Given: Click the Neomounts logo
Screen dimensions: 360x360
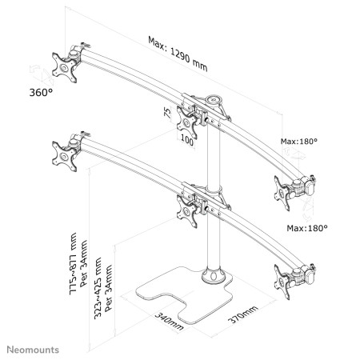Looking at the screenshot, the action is (x=33, y=350).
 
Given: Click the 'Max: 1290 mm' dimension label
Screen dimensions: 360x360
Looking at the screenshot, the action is (x=178, y=54).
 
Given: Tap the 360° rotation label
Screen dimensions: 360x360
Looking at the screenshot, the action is (x=41, y=93).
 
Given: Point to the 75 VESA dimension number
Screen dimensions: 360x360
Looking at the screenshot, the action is (x=167, y=113).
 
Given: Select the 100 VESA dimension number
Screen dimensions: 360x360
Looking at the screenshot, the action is (x=187, y=140).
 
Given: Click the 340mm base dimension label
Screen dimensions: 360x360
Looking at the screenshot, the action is (x=169, y=322).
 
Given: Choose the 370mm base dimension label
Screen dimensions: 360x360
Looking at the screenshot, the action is (x=243, y=314).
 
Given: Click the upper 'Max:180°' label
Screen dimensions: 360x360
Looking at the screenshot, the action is (x=299, y=142).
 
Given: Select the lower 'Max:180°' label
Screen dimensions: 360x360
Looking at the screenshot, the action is (x=307, y=228).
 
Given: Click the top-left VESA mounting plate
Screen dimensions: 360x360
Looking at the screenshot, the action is (x=65, y=67).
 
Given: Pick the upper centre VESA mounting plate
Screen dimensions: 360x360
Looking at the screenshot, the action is (x=187, y=122).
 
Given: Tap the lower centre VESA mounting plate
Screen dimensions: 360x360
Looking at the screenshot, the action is (x=187, y=211).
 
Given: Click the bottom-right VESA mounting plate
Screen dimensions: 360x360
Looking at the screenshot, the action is (x=282, y=282).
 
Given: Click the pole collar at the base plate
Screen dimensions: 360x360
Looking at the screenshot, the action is (x=213, y=275).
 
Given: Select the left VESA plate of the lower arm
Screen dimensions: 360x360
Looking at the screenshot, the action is (x=65, y=156).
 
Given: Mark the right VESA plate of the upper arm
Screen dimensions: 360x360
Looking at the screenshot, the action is (x=282, y=194).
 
